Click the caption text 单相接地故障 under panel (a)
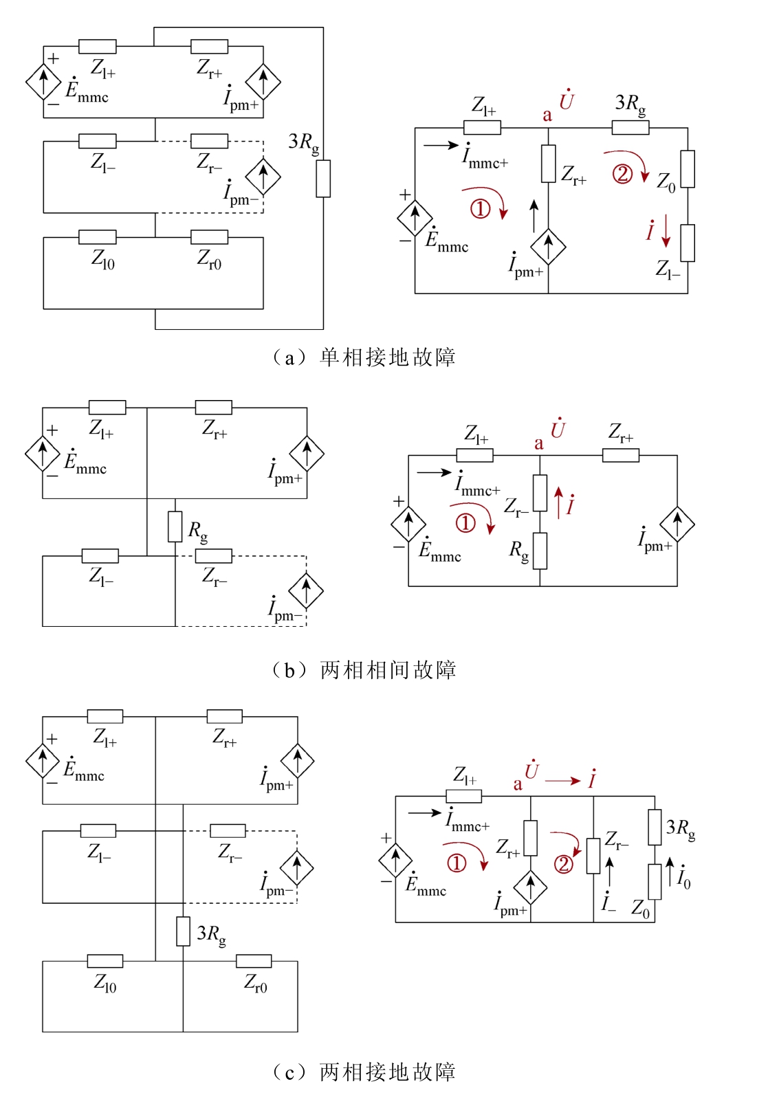tap(387, 357)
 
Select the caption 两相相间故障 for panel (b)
tap(388, 669)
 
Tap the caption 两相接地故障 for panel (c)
tap(388, 1072)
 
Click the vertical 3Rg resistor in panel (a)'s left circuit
tap(323, 179)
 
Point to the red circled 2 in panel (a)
tap(622, 174)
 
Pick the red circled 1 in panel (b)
tap(465, 523)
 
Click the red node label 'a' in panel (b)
tap(539, 444)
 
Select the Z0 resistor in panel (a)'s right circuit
tap(688, 169)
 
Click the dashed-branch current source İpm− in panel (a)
tap(263, 177)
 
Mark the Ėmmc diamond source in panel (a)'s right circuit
tap(415, 219)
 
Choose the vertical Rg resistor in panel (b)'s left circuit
tap(175, 527)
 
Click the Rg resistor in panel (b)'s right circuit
tap(540, 551)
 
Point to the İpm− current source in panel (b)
tap(306, 590)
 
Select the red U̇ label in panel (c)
tap(531, 769)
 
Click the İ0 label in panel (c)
tap(684, 877)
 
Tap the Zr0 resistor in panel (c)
tap(254, 961)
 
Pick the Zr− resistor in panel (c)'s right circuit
tap(593, 856)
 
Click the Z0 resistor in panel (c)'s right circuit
tap(655, 882)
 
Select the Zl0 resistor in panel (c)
tap(105, 961)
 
